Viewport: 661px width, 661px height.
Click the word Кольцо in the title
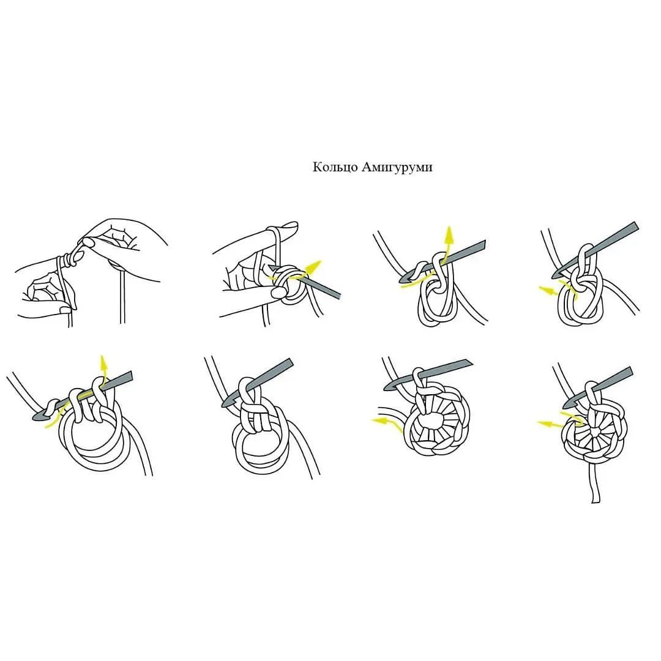335,167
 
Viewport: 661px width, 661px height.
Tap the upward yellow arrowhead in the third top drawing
449,235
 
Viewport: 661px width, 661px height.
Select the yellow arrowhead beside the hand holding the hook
313,266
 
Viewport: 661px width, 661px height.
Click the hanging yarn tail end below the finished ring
596,500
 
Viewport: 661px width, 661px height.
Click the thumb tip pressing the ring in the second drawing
278,293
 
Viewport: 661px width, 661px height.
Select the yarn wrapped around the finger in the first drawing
67,261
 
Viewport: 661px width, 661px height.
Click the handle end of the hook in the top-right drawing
635,226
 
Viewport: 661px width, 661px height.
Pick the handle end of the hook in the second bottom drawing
289,362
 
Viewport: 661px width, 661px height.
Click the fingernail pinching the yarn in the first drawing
88,242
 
